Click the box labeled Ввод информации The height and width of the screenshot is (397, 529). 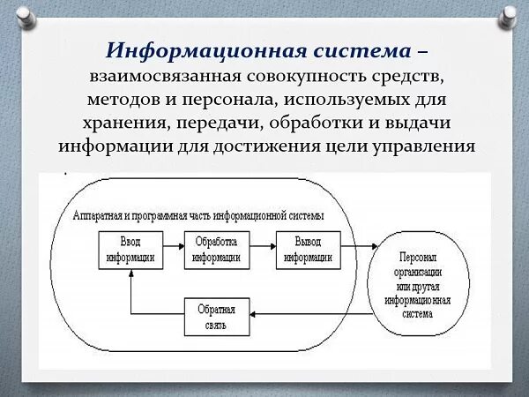[x=129, y=250]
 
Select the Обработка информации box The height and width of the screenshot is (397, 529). [x=217, y=250]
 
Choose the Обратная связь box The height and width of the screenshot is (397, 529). [x=217, y=316]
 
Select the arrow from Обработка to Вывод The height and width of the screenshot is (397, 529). [x=263, y=250]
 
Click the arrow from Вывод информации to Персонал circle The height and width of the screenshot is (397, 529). [x=359, y=250]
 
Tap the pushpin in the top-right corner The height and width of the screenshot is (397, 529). [x=509, y=16]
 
